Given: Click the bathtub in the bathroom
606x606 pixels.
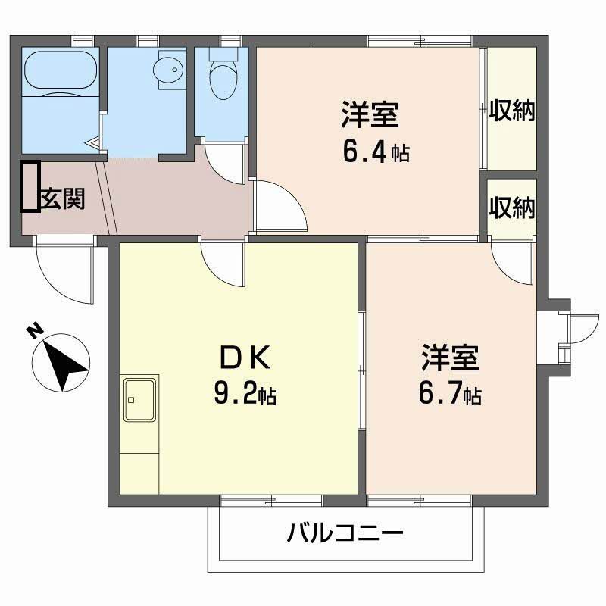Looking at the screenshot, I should click(x=61, y=72).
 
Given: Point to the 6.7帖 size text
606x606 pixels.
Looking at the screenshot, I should click(x=450, y=394).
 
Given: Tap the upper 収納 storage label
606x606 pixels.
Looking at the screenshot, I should click(x=511, y=111).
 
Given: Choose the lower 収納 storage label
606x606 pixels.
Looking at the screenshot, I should click(x=511, y=207).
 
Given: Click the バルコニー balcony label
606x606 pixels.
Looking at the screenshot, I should click(x=345, y=534).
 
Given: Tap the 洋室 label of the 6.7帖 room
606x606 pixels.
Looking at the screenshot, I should click(x=450, y=357).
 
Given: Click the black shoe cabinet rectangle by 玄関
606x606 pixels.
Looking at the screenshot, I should click(x=30, y=186).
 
